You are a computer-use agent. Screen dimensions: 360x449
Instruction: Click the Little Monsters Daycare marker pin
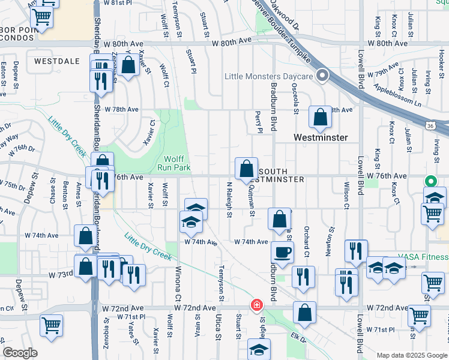point(322,76)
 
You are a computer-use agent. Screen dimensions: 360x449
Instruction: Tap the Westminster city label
point(321,137)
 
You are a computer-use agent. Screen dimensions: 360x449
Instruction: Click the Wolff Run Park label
point(177,163)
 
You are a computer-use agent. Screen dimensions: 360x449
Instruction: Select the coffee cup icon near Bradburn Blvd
point(282,252)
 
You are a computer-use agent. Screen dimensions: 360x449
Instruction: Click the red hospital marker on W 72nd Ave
point(256,305)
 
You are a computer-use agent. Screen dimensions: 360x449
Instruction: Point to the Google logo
point(20,353)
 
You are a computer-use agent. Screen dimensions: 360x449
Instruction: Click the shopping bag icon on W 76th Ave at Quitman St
point(246,170)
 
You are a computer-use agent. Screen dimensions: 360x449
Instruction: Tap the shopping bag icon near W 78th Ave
point(321,118)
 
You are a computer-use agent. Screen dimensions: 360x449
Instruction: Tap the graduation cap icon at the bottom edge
point(259,350)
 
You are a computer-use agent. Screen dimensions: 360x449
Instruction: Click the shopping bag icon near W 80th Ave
point(128,66)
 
